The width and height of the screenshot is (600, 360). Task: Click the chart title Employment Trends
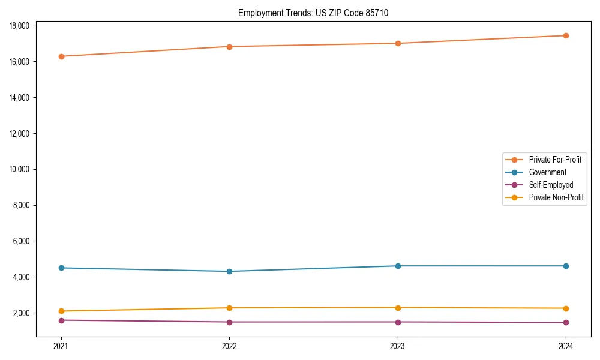point(313,13)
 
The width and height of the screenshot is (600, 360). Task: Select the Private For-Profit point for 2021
point(61,56)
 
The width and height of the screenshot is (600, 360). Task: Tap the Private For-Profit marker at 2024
point(566,35)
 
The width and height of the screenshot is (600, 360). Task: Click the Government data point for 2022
point(229,271)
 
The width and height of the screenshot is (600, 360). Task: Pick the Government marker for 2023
point(398,266)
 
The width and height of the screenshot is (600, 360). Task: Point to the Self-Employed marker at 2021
point(61,320)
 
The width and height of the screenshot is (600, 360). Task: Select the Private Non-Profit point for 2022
point(229,308)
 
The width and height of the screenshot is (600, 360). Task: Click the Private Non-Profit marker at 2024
point(566,308)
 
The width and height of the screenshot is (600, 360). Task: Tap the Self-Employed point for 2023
point(398,322)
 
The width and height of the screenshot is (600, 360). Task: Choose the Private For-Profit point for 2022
point(229,47)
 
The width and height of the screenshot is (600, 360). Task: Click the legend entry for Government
point(547,172)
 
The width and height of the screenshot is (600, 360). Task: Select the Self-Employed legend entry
point(551,185)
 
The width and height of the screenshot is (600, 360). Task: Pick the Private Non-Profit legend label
point(556,197)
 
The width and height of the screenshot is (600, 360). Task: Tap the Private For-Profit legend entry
point(555,160)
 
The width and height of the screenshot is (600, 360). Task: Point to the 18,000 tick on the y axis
point(21,26)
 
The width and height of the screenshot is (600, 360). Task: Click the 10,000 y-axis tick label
point(21,169)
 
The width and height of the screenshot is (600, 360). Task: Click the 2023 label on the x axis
point(398,346)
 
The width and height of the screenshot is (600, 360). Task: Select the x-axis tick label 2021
point(61,346)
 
